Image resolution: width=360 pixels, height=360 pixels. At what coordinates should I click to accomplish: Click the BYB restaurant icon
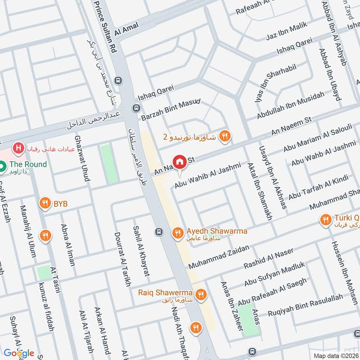45,203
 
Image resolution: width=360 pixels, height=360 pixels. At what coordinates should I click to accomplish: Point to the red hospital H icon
18,148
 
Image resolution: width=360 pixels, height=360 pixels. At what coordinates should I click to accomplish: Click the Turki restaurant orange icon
325,220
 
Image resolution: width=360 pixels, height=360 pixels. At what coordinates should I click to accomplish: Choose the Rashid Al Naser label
268,258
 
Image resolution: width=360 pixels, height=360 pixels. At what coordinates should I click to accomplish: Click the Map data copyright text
336,355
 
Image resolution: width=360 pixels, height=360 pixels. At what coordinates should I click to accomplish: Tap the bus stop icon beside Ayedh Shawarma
159,232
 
